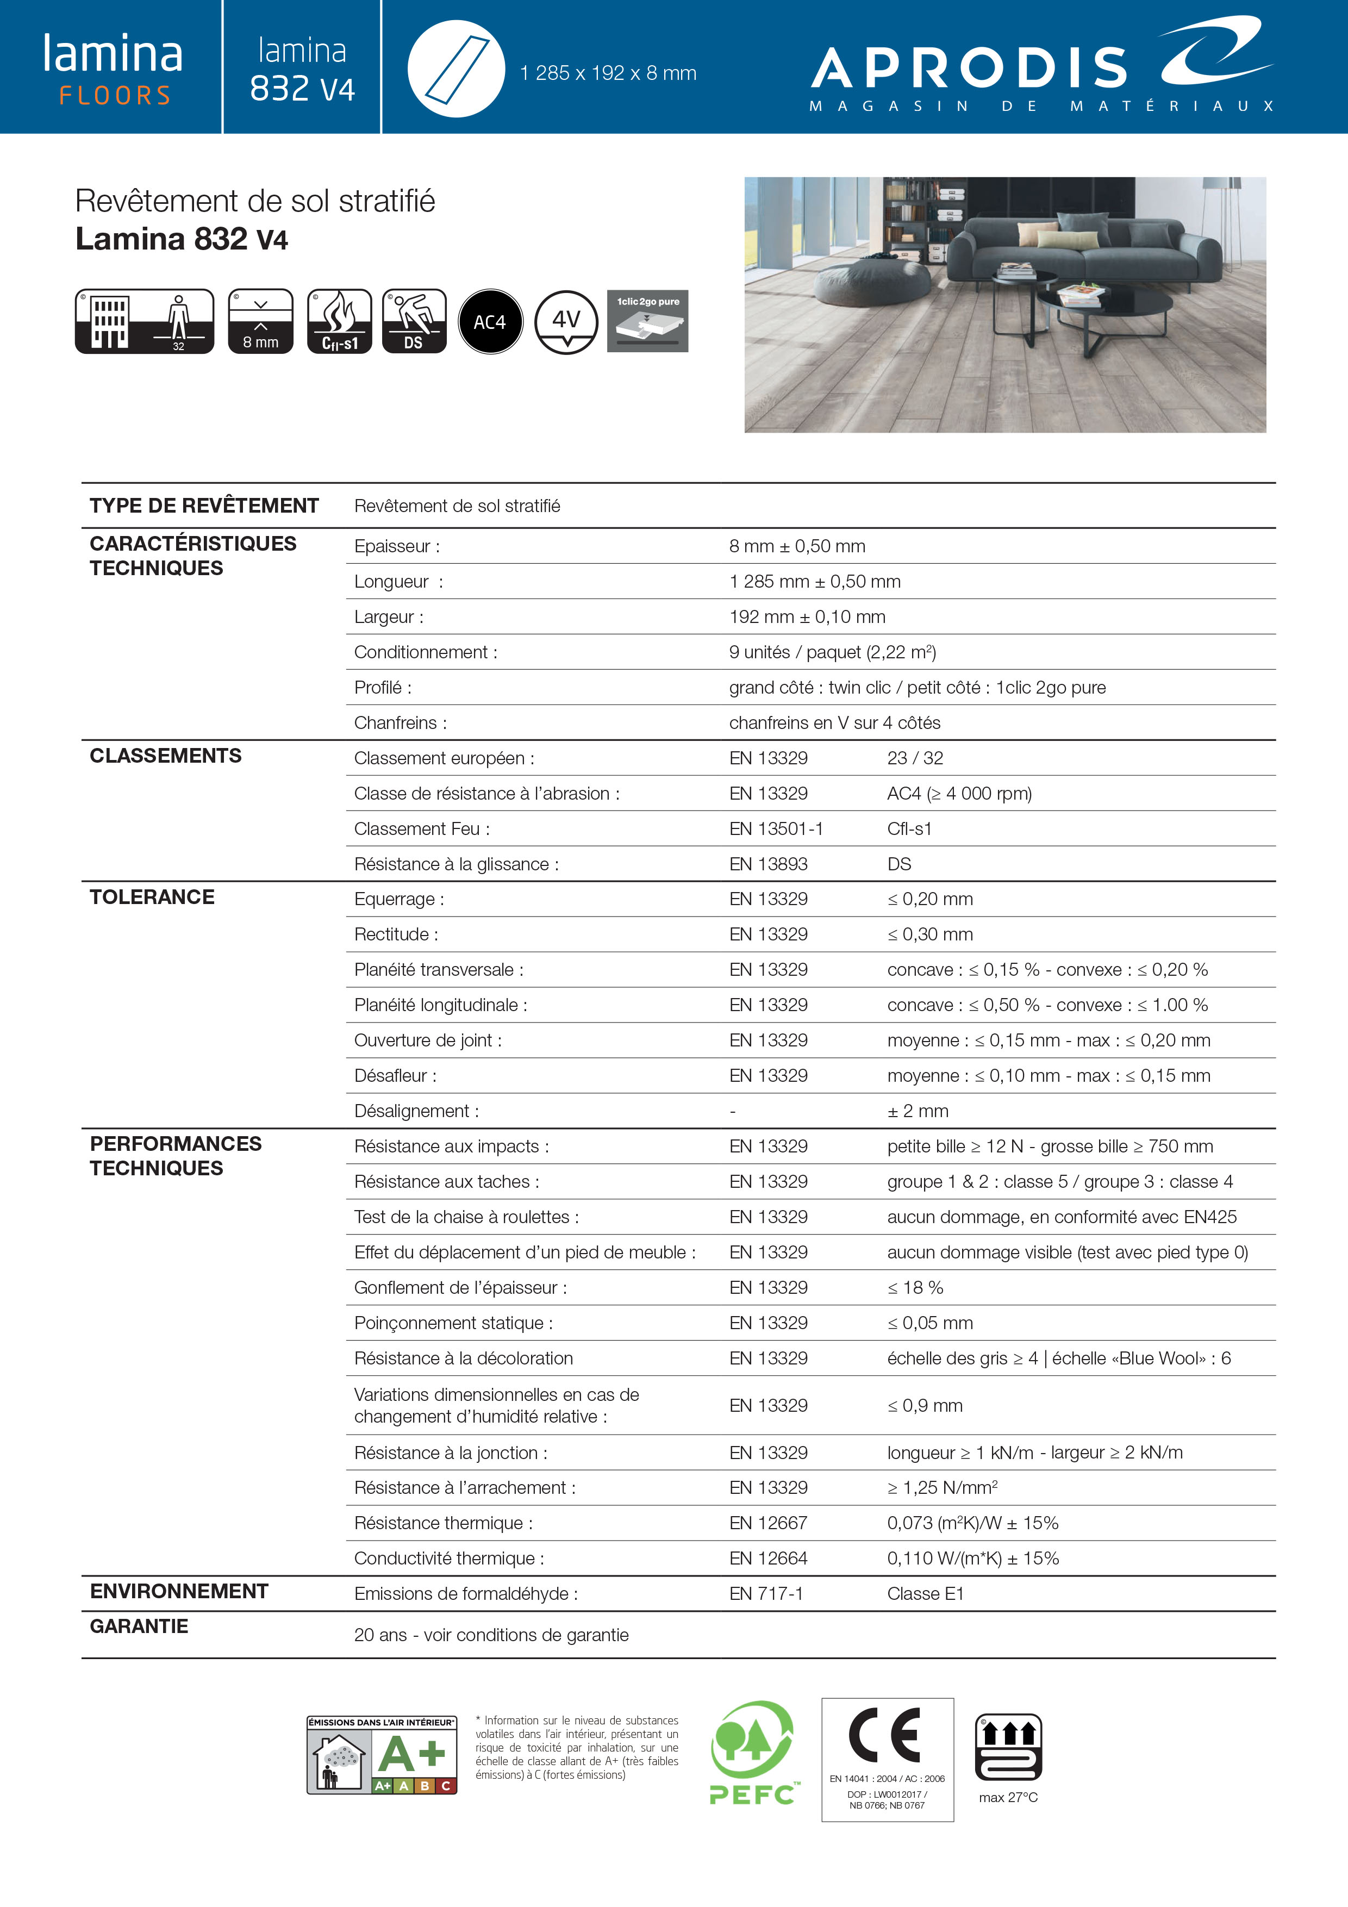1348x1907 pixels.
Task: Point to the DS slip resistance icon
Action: [x=414, y=321]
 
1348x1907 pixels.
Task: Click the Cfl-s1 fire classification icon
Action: [x=339, y=321]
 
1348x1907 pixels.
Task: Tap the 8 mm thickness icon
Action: [x=261, y=321]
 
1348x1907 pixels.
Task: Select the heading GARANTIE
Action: [x=139, y=1626]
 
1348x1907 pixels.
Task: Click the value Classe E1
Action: [x=925, y=1594]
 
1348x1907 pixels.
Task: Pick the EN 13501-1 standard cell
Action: [x=776, y=829]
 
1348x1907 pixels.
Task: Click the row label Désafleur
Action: [x=395, y=1076]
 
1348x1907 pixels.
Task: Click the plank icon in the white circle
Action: [x=456, y=69]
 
